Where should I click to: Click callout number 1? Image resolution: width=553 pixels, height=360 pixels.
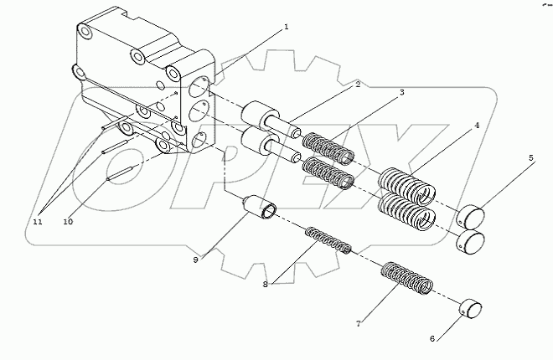click(286, 27)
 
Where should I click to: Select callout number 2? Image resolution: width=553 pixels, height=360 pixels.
click(357, 85)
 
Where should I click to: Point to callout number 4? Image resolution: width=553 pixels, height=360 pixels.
click(477, 126)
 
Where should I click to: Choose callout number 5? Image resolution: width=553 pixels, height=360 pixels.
click(530, 157)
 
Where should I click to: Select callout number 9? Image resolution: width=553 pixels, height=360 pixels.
click(195, 260)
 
